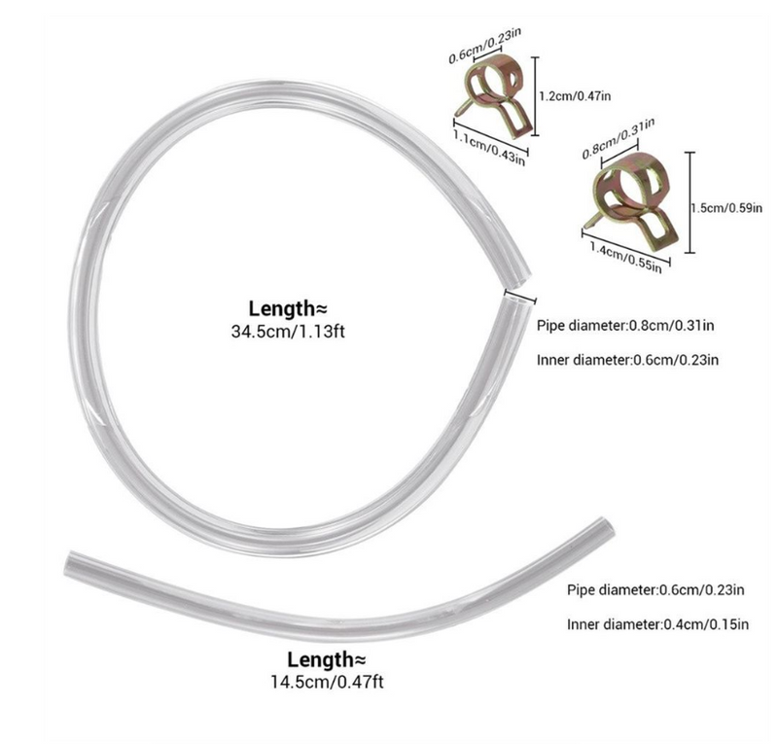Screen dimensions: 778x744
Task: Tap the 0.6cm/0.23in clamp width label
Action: pyautogui.click(x=484, y=46)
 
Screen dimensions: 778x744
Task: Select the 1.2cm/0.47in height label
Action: pyautogui.click(x=575, y=95)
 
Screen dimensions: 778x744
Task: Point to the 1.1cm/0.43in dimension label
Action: pyautogui.click(x=489, y=148)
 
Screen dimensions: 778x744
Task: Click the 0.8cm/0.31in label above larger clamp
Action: pyautogui.click(x=619, y=138)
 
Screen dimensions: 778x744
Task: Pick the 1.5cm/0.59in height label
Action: pyautogui.click(x=726, y=207)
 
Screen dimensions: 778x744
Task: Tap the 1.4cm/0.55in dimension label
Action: pyautogui.click(x=625, y=257)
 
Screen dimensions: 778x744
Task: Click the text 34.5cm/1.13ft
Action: pyautogui.click(x=288, y=331)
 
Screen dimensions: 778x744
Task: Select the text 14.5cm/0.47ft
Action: pyautogui.click(x=327, y=682)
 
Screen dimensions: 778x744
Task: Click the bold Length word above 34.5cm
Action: pyautogui.click(x=281, y=308)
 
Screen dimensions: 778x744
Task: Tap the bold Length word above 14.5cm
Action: pyautogui.click(x=320, y=659)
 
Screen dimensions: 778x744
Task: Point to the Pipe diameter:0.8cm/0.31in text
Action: pyautogui.click(x=625, y=326)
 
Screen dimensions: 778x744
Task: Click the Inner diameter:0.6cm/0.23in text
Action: pyautogui.click(x=627, y=359)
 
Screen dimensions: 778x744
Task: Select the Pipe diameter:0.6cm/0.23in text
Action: pyautogui.click(x=655, y=589)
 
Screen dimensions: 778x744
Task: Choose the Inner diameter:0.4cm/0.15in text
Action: pyautogui.click(x=658, y=623)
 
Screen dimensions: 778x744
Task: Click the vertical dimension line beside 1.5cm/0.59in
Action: pyautogui.click(x=690, y=202)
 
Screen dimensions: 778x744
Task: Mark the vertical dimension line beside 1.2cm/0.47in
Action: pyautogui.click(x=535, y=95)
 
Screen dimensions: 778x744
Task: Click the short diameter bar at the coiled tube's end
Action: pyautogui.click(x=520, y=297)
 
